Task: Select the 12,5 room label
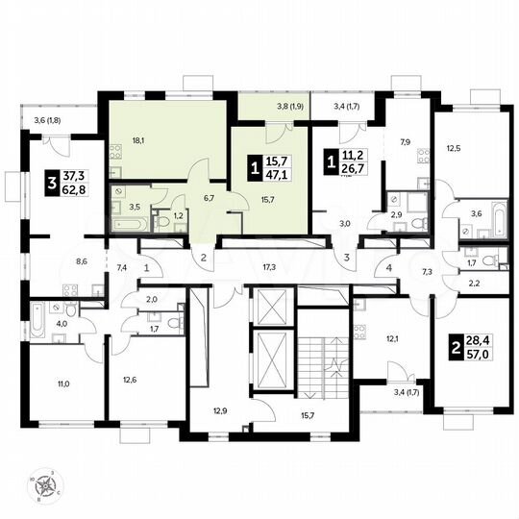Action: pos(454,148)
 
